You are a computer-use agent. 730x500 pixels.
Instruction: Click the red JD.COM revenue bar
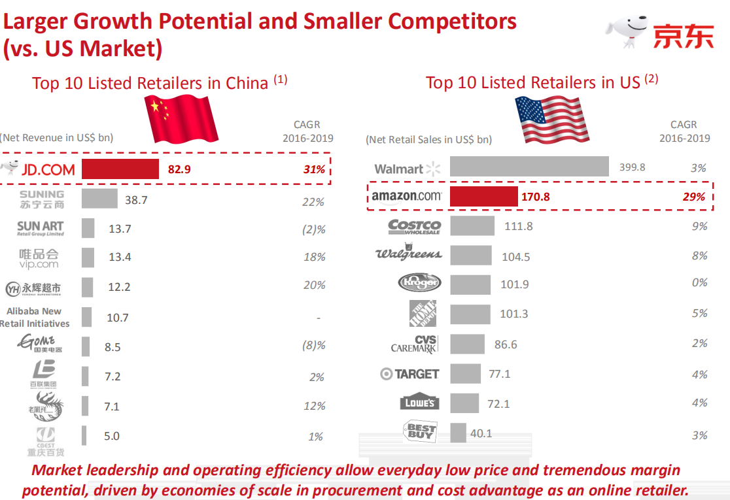point(120,169)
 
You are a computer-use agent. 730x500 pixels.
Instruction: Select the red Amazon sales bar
point(483,196)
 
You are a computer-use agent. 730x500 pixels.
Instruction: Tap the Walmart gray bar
point(529,167)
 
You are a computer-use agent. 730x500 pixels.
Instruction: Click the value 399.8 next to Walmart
point(632,167)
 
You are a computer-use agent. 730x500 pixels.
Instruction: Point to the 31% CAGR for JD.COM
point(314,169)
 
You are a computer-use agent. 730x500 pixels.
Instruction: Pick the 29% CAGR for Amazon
point(695,196)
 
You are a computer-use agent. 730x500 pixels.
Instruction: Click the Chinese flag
point(181,118)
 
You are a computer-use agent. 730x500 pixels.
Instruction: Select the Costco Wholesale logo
point(414,226)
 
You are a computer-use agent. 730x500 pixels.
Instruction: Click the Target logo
point(409,374)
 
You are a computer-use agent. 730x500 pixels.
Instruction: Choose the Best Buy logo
point(421,431)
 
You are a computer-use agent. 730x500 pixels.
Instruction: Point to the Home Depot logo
point(423,314)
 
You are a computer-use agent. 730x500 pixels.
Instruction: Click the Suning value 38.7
point(136,200)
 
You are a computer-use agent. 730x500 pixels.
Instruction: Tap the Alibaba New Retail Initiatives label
point(35,318)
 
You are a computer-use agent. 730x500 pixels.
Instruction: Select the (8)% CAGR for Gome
point(314,346)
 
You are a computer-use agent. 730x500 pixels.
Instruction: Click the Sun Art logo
point(41,228)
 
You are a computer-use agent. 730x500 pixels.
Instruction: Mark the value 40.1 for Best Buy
point(481,433)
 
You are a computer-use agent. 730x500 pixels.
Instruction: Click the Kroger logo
point(419,283)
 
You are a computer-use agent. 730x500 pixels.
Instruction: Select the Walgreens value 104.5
point(515,257)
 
